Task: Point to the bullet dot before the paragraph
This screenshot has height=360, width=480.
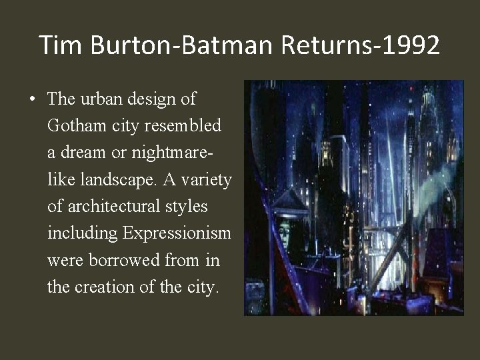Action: click(x=33, y=100)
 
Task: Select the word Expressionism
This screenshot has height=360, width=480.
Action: click(x=177, y=233)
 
